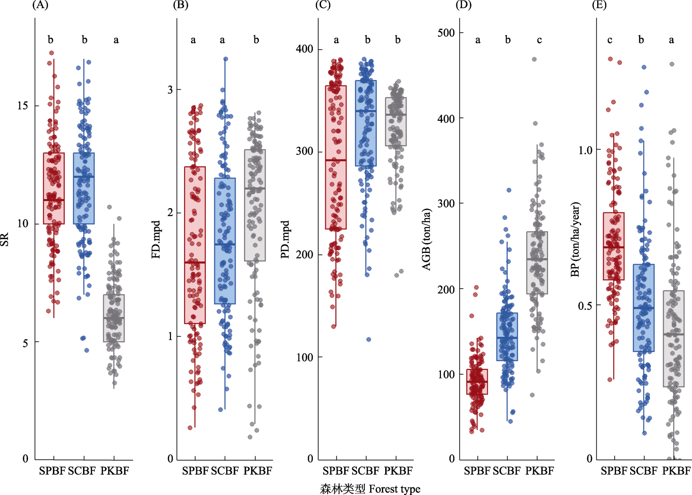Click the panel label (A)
pyautogui.click(x=40, y=5)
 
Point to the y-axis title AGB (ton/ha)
pyautogui.click(x=427, y=239)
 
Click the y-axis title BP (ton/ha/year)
pyautogui.click(x=575, y=239)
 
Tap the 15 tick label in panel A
pyautogui.click(x=23, y=106)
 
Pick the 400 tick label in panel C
pyautogui.click(x=304, y=49)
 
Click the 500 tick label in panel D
pyautogui.click(x=446, y=33)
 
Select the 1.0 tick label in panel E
pyautogui.click(x=585, y=150)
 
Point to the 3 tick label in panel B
pyautogui.click(x=170, y=90)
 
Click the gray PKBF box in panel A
pyautogui.click(x=114, y=318)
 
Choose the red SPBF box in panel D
pyautogui.click(x=477, y=381)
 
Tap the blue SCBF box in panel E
pyautogui.click(x=644, y=308)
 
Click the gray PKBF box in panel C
pyautogui.click(x=396, y=122)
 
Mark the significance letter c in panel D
pyautogui.click(x=539, y=40)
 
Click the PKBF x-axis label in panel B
pyautogui.click(x=257, y=470)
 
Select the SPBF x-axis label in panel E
pyautogui.click(x=614, y=470)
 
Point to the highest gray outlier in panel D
pyautogui.click(x=534, y=59)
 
